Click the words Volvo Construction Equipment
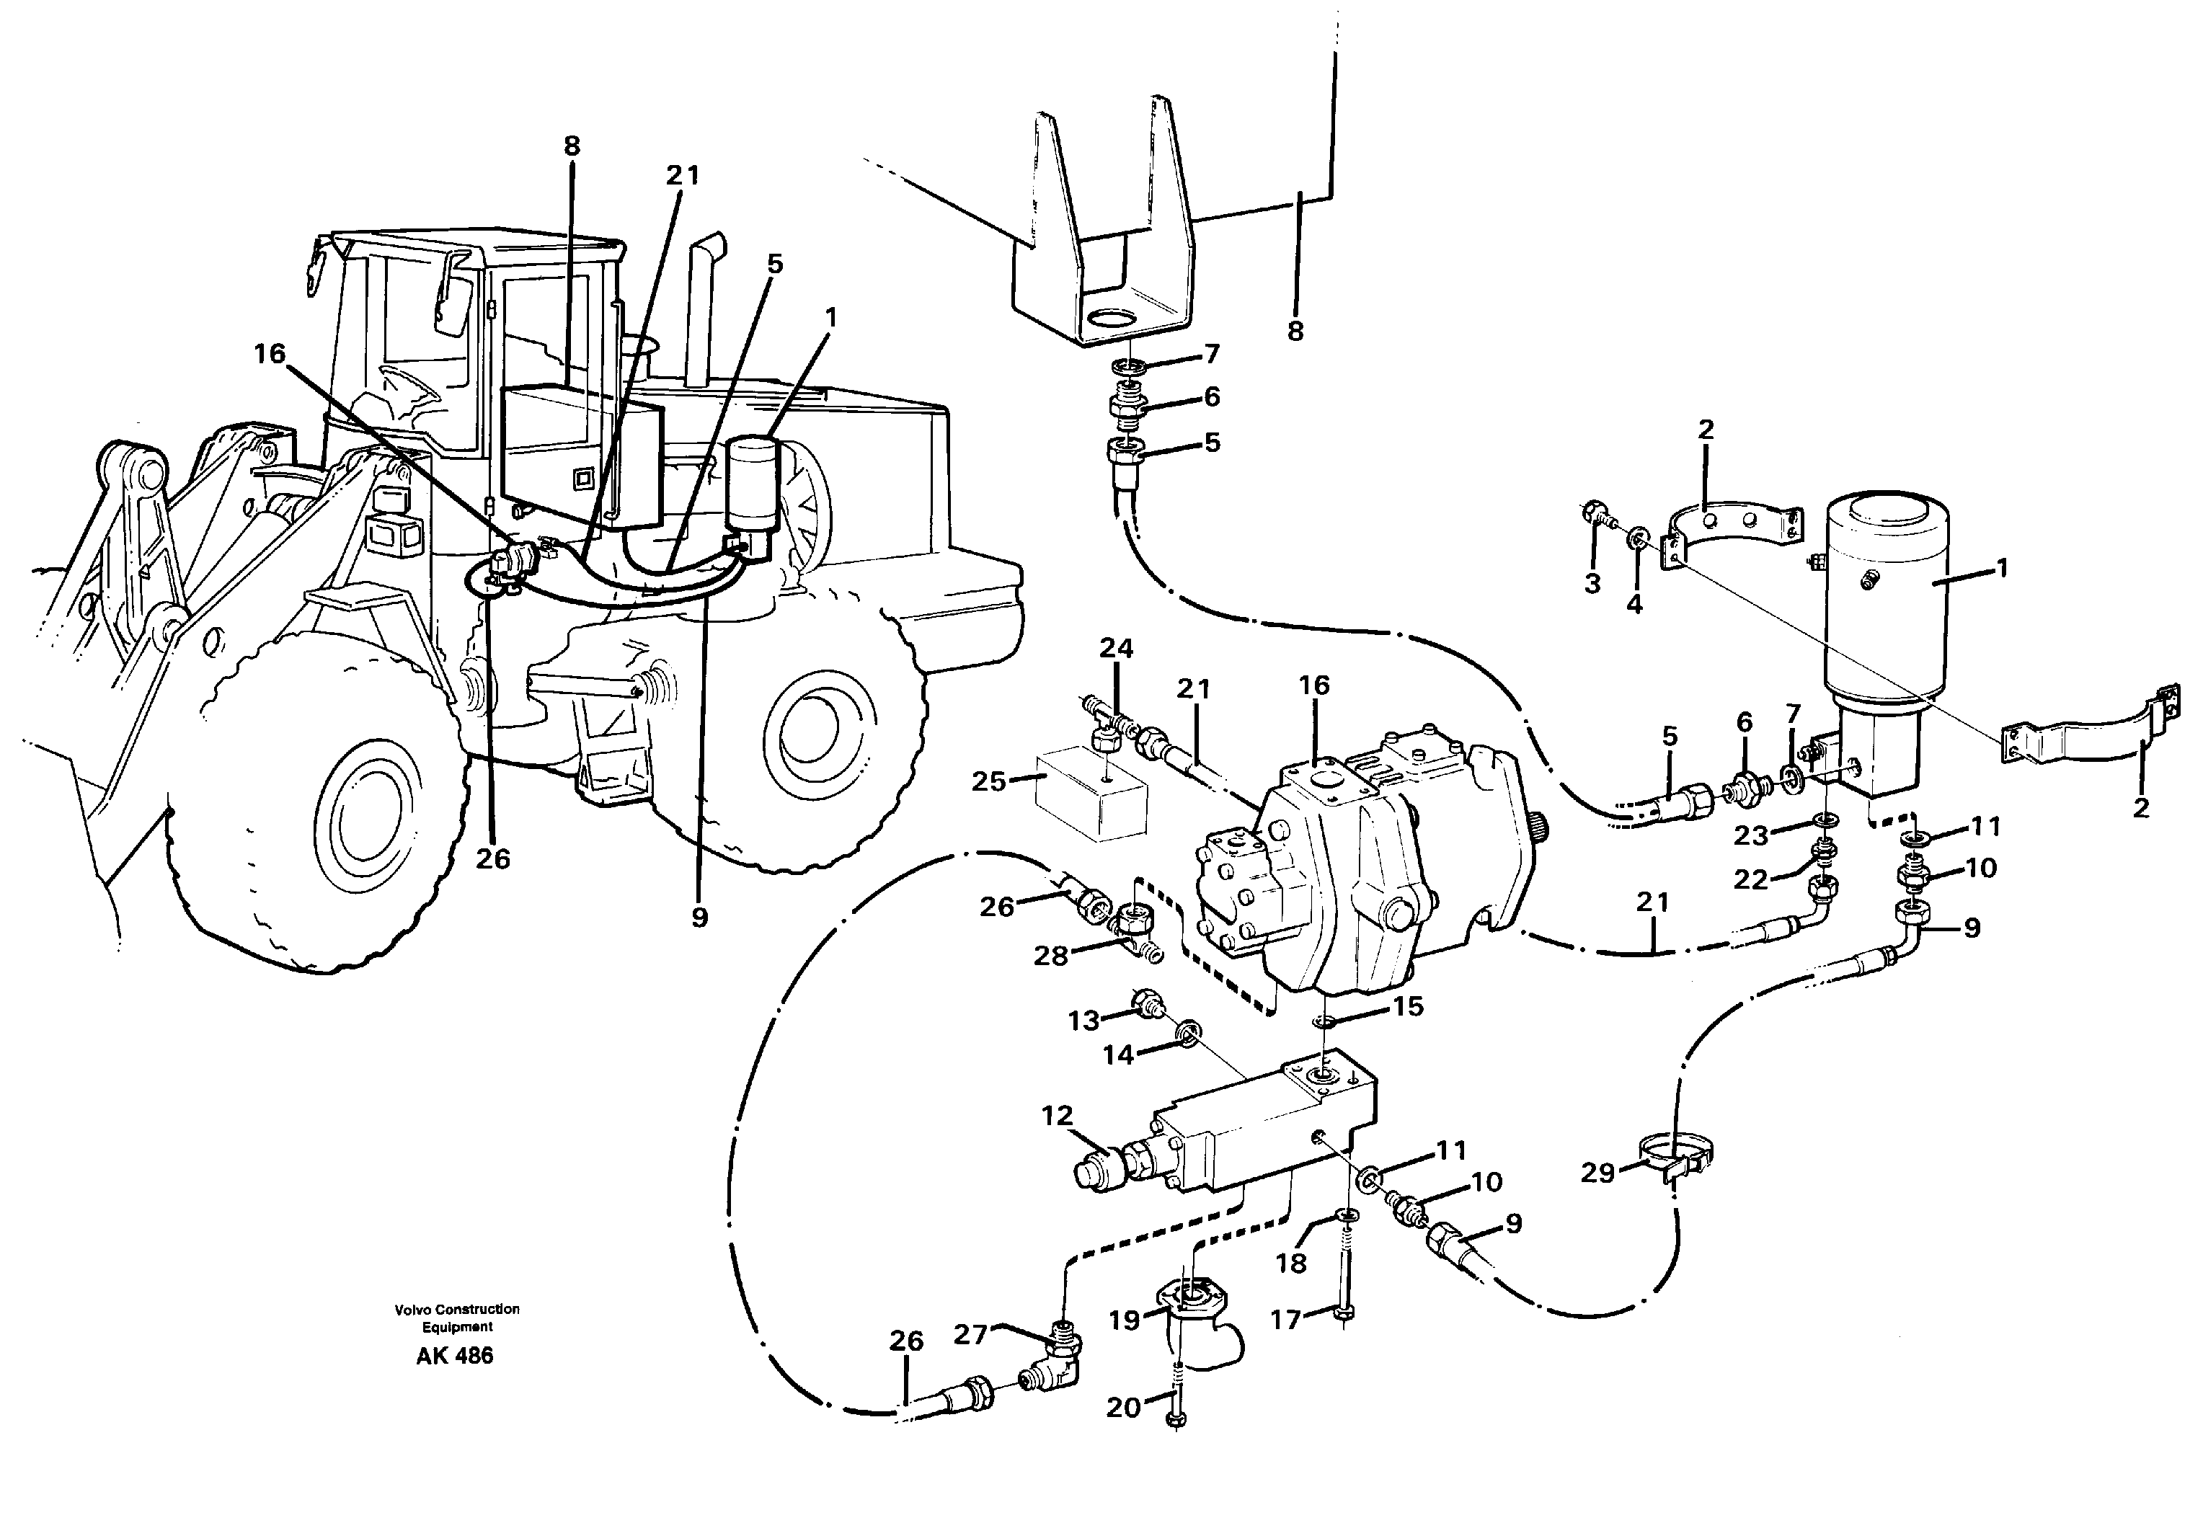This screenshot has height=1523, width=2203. (457, 1318)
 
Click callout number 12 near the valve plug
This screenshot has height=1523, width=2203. (1057, 1116)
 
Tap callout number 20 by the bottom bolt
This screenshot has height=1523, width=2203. (1123, 1408)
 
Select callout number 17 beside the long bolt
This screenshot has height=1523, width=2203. (1286, 1320)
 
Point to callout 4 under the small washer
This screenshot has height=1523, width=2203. (1634, 604)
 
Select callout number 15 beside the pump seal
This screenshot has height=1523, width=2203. (1408, 1007)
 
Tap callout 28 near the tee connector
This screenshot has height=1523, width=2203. (1051, 954)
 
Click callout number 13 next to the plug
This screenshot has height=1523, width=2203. (1083, 1021)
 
